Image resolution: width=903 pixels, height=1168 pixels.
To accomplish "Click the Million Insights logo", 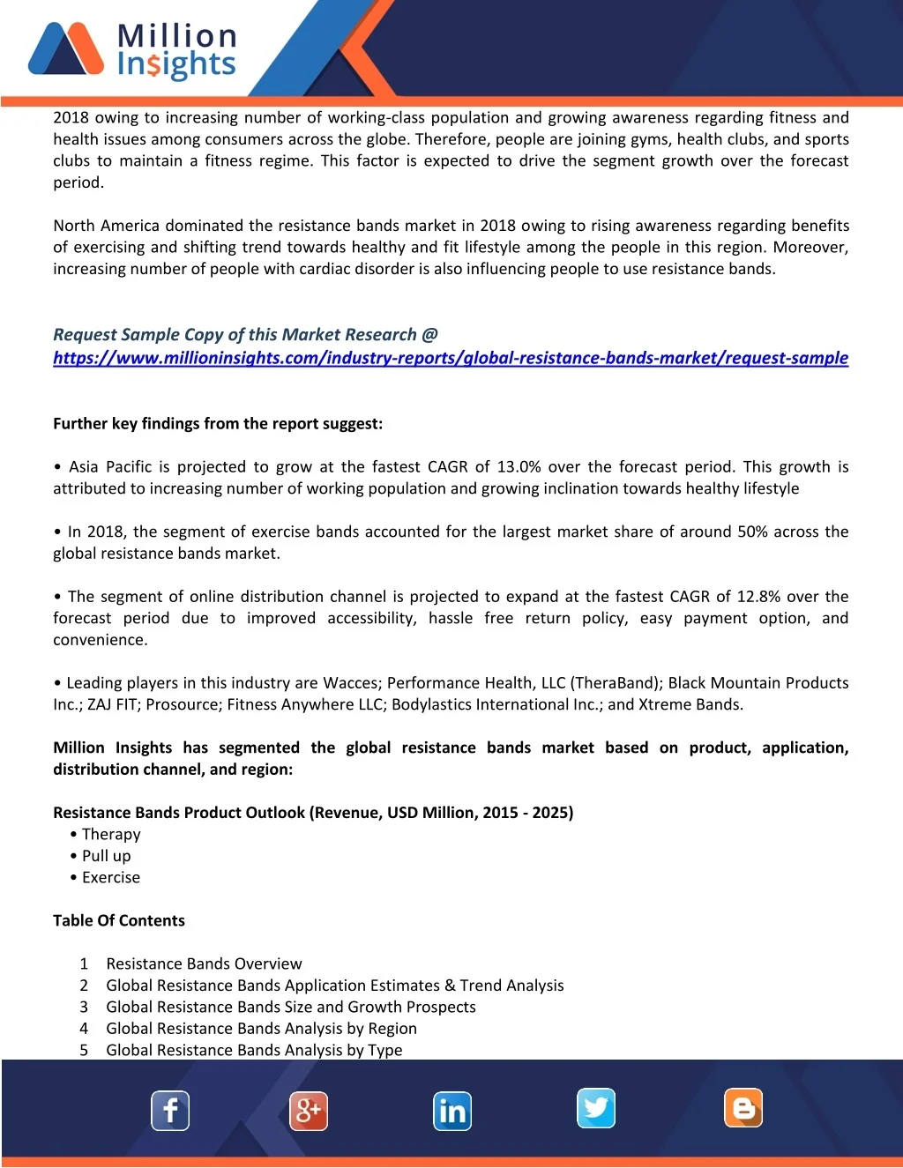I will pos(132,49).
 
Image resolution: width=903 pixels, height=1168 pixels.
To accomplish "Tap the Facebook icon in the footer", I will pos(170,1111).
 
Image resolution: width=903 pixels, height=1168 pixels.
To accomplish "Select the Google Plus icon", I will pos(309,1111).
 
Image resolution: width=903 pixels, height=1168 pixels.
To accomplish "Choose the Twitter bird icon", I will pos(596,1108).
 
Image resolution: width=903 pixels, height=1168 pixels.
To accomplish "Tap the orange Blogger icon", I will pos(743,1108).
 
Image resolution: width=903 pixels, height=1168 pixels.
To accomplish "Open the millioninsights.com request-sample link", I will pos(450,358).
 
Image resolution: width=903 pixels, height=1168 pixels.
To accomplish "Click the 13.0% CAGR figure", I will pos(520,467).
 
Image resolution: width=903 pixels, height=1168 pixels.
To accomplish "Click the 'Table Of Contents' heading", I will pos(119,920).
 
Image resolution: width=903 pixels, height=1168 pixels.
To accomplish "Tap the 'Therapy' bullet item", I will pos(111,834).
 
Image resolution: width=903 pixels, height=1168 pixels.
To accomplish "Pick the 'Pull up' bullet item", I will pos(106,856).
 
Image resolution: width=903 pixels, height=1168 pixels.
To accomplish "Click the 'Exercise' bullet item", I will pos(111,877).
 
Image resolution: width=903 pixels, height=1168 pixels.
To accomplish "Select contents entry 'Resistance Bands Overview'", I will pos(204,963).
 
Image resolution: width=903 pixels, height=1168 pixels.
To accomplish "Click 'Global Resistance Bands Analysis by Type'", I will pos(254,1050).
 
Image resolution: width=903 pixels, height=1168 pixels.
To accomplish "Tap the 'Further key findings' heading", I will pos(218,424).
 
